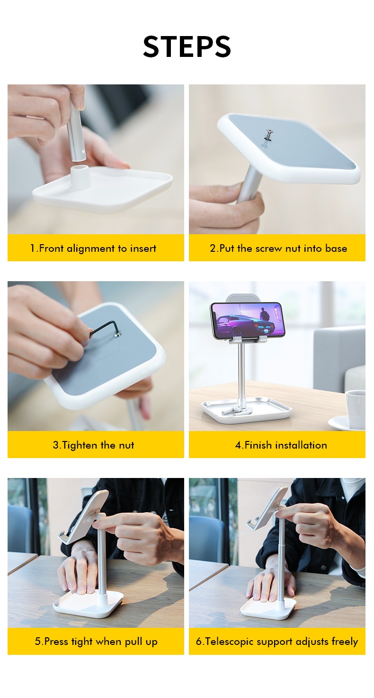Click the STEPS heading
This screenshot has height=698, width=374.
(x=187, y=46)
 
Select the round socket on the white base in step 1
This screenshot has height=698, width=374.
(x=80, y=177)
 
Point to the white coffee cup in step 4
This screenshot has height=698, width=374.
(x=356, y=409)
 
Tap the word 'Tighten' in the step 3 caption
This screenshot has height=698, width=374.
(x=80, y=445)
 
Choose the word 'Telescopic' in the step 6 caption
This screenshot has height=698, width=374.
(x=230, y=642)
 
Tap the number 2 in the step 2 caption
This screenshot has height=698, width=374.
(x=213, y=249)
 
